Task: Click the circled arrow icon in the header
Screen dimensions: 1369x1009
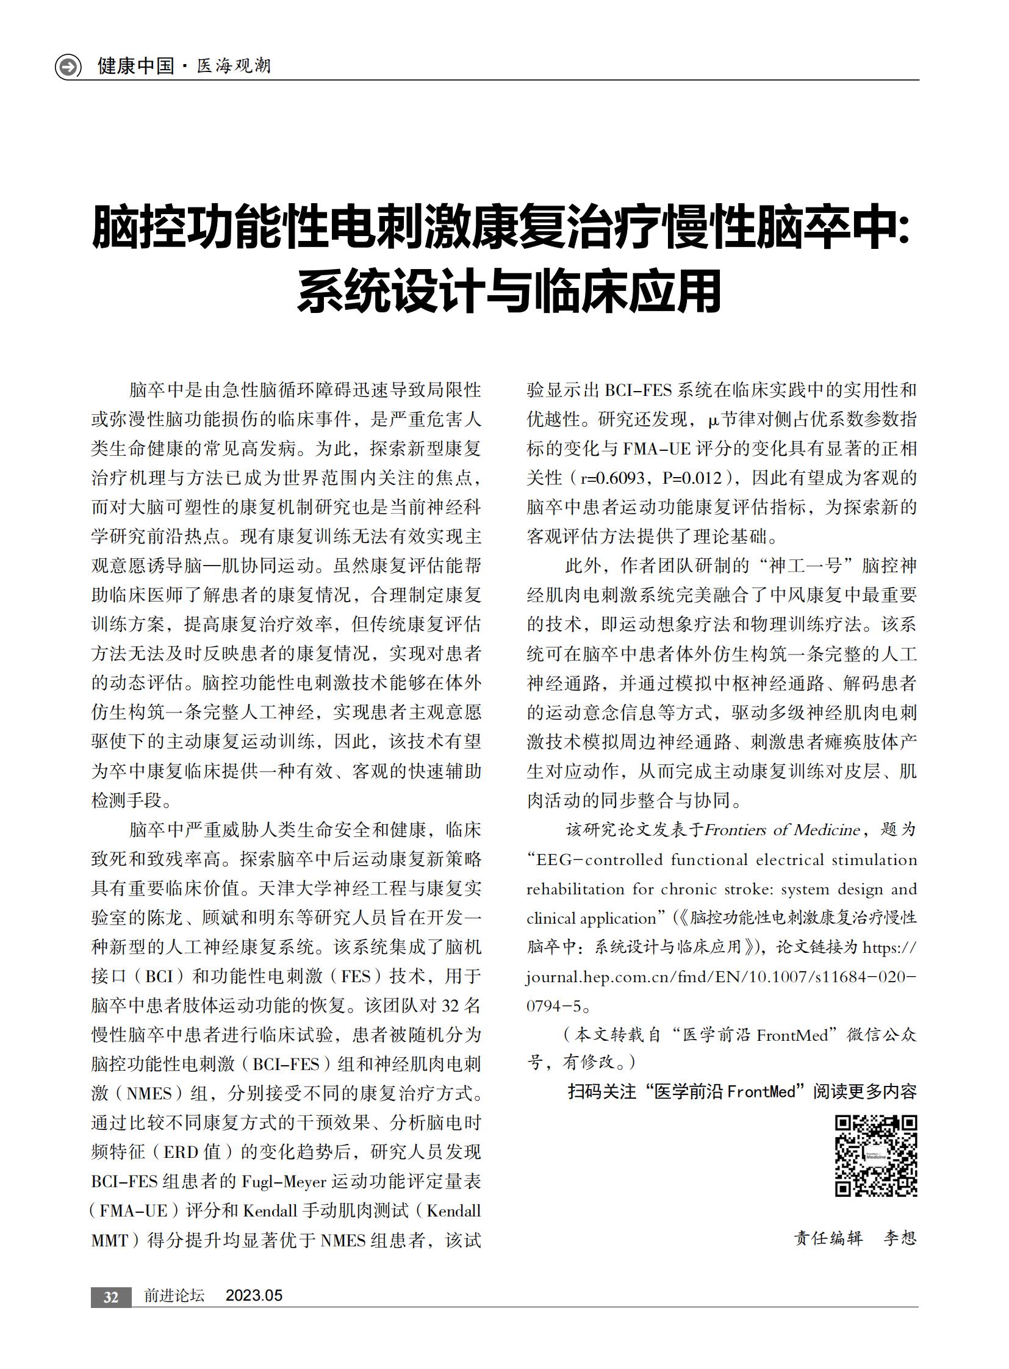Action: [68, 66]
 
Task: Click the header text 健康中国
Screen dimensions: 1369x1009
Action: [135, 66]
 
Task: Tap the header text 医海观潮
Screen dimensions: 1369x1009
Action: [234, 66]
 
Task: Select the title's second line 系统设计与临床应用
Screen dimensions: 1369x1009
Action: [509, 292]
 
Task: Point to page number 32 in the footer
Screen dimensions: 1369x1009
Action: [110, 1297]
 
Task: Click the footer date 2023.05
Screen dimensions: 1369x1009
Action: [254, 1296]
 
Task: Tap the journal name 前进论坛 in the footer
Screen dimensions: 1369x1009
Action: [174, 1296]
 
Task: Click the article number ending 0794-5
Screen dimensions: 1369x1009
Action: [553, 1006]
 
